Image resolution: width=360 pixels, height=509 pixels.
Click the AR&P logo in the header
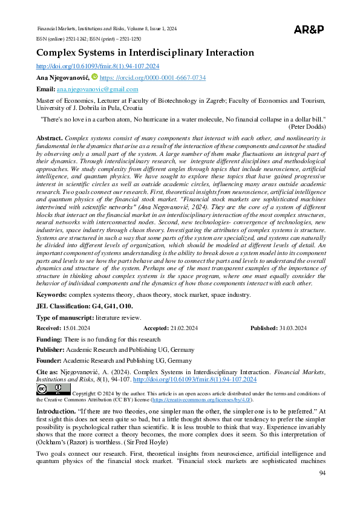(x=309, y=30)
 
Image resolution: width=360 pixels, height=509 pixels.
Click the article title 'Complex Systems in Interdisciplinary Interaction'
(x=145, y=53)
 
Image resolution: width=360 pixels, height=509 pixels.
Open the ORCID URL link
(x=152, y=78)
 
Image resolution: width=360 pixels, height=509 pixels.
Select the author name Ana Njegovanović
(x=63, y=78)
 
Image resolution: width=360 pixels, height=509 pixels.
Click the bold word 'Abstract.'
(x=50, y=138)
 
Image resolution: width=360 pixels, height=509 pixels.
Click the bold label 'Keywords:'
(x=52, y=294)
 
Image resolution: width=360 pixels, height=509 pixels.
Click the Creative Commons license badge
(x=53, y=389)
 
